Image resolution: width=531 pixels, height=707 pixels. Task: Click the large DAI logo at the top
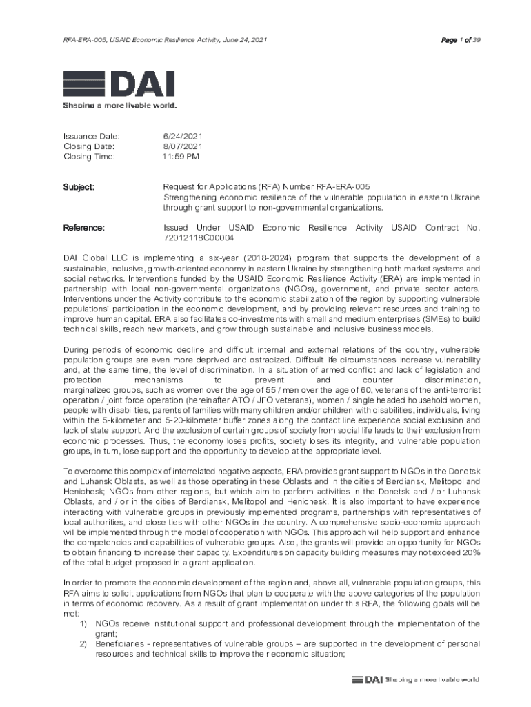[119, 84]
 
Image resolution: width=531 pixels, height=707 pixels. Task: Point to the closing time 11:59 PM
[181, 157]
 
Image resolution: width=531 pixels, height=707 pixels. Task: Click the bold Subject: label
[79, 187]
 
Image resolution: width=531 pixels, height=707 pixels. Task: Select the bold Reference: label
[84, 228]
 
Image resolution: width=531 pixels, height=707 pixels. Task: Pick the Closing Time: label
[90, 157]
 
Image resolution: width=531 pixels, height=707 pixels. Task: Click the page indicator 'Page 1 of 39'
[461, 40]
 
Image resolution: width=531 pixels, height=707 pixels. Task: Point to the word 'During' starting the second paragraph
[76, 350]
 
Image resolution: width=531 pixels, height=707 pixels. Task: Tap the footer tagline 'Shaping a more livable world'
[432, 679]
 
